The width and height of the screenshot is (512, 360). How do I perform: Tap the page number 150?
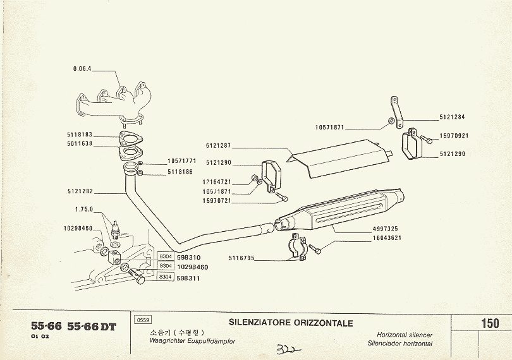489,323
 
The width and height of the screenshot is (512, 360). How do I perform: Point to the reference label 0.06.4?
82,69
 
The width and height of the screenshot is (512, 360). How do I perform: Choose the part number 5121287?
219,146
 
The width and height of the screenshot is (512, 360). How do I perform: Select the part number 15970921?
454,135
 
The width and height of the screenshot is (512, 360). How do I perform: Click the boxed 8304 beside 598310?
166,256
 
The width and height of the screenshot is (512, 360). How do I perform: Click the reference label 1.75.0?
83,209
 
